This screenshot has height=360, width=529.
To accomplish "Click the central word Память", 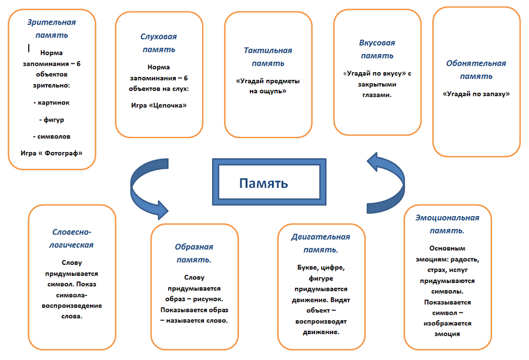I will coord(263,183).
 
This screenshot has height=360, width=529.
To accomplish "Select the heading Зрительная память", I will coord(52,29).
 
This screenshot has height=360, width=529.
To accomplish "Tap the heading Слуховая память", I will coord(159,43).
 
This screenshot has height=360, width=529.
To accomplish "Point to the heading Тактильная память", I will coord(268,57).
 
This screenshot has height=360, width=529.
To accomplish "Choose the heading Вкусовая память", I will coord(377,49).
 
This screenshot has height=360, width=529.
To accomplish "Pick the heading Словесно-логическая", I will coord(71,238).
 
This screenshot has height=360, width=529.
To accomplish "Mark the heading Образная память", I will coord(194,253).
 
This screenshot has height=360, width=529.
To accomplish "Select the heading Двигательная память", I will coord(320,243).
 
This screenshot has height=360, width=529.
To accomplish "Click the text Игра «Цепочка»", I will coord(159,105).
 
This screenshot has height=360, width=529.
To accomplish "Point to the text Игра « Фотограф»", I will coord(52,153).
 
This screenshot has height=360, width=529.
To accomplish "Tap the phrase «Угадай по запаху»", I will coord(476,94).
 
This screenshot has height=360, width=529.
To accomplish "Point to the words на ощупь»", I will coord(268,91).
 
